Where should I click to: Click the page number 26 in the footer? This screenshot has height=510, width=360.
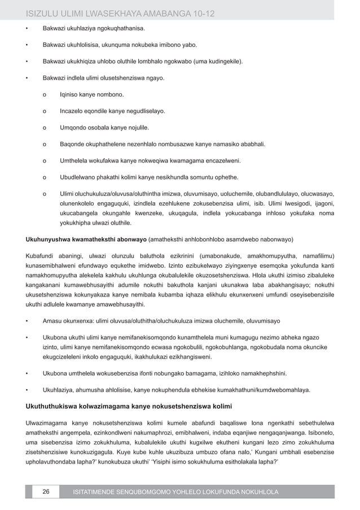[46, 492]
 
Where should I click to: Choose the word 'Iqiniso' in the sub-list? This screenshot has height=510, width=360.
[71, 95]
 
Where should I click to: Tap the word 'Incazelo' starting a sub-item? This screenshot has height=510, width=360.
[72, 112]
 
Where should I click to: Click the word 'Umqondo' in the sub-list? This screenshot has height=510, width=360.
[73, 128]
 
